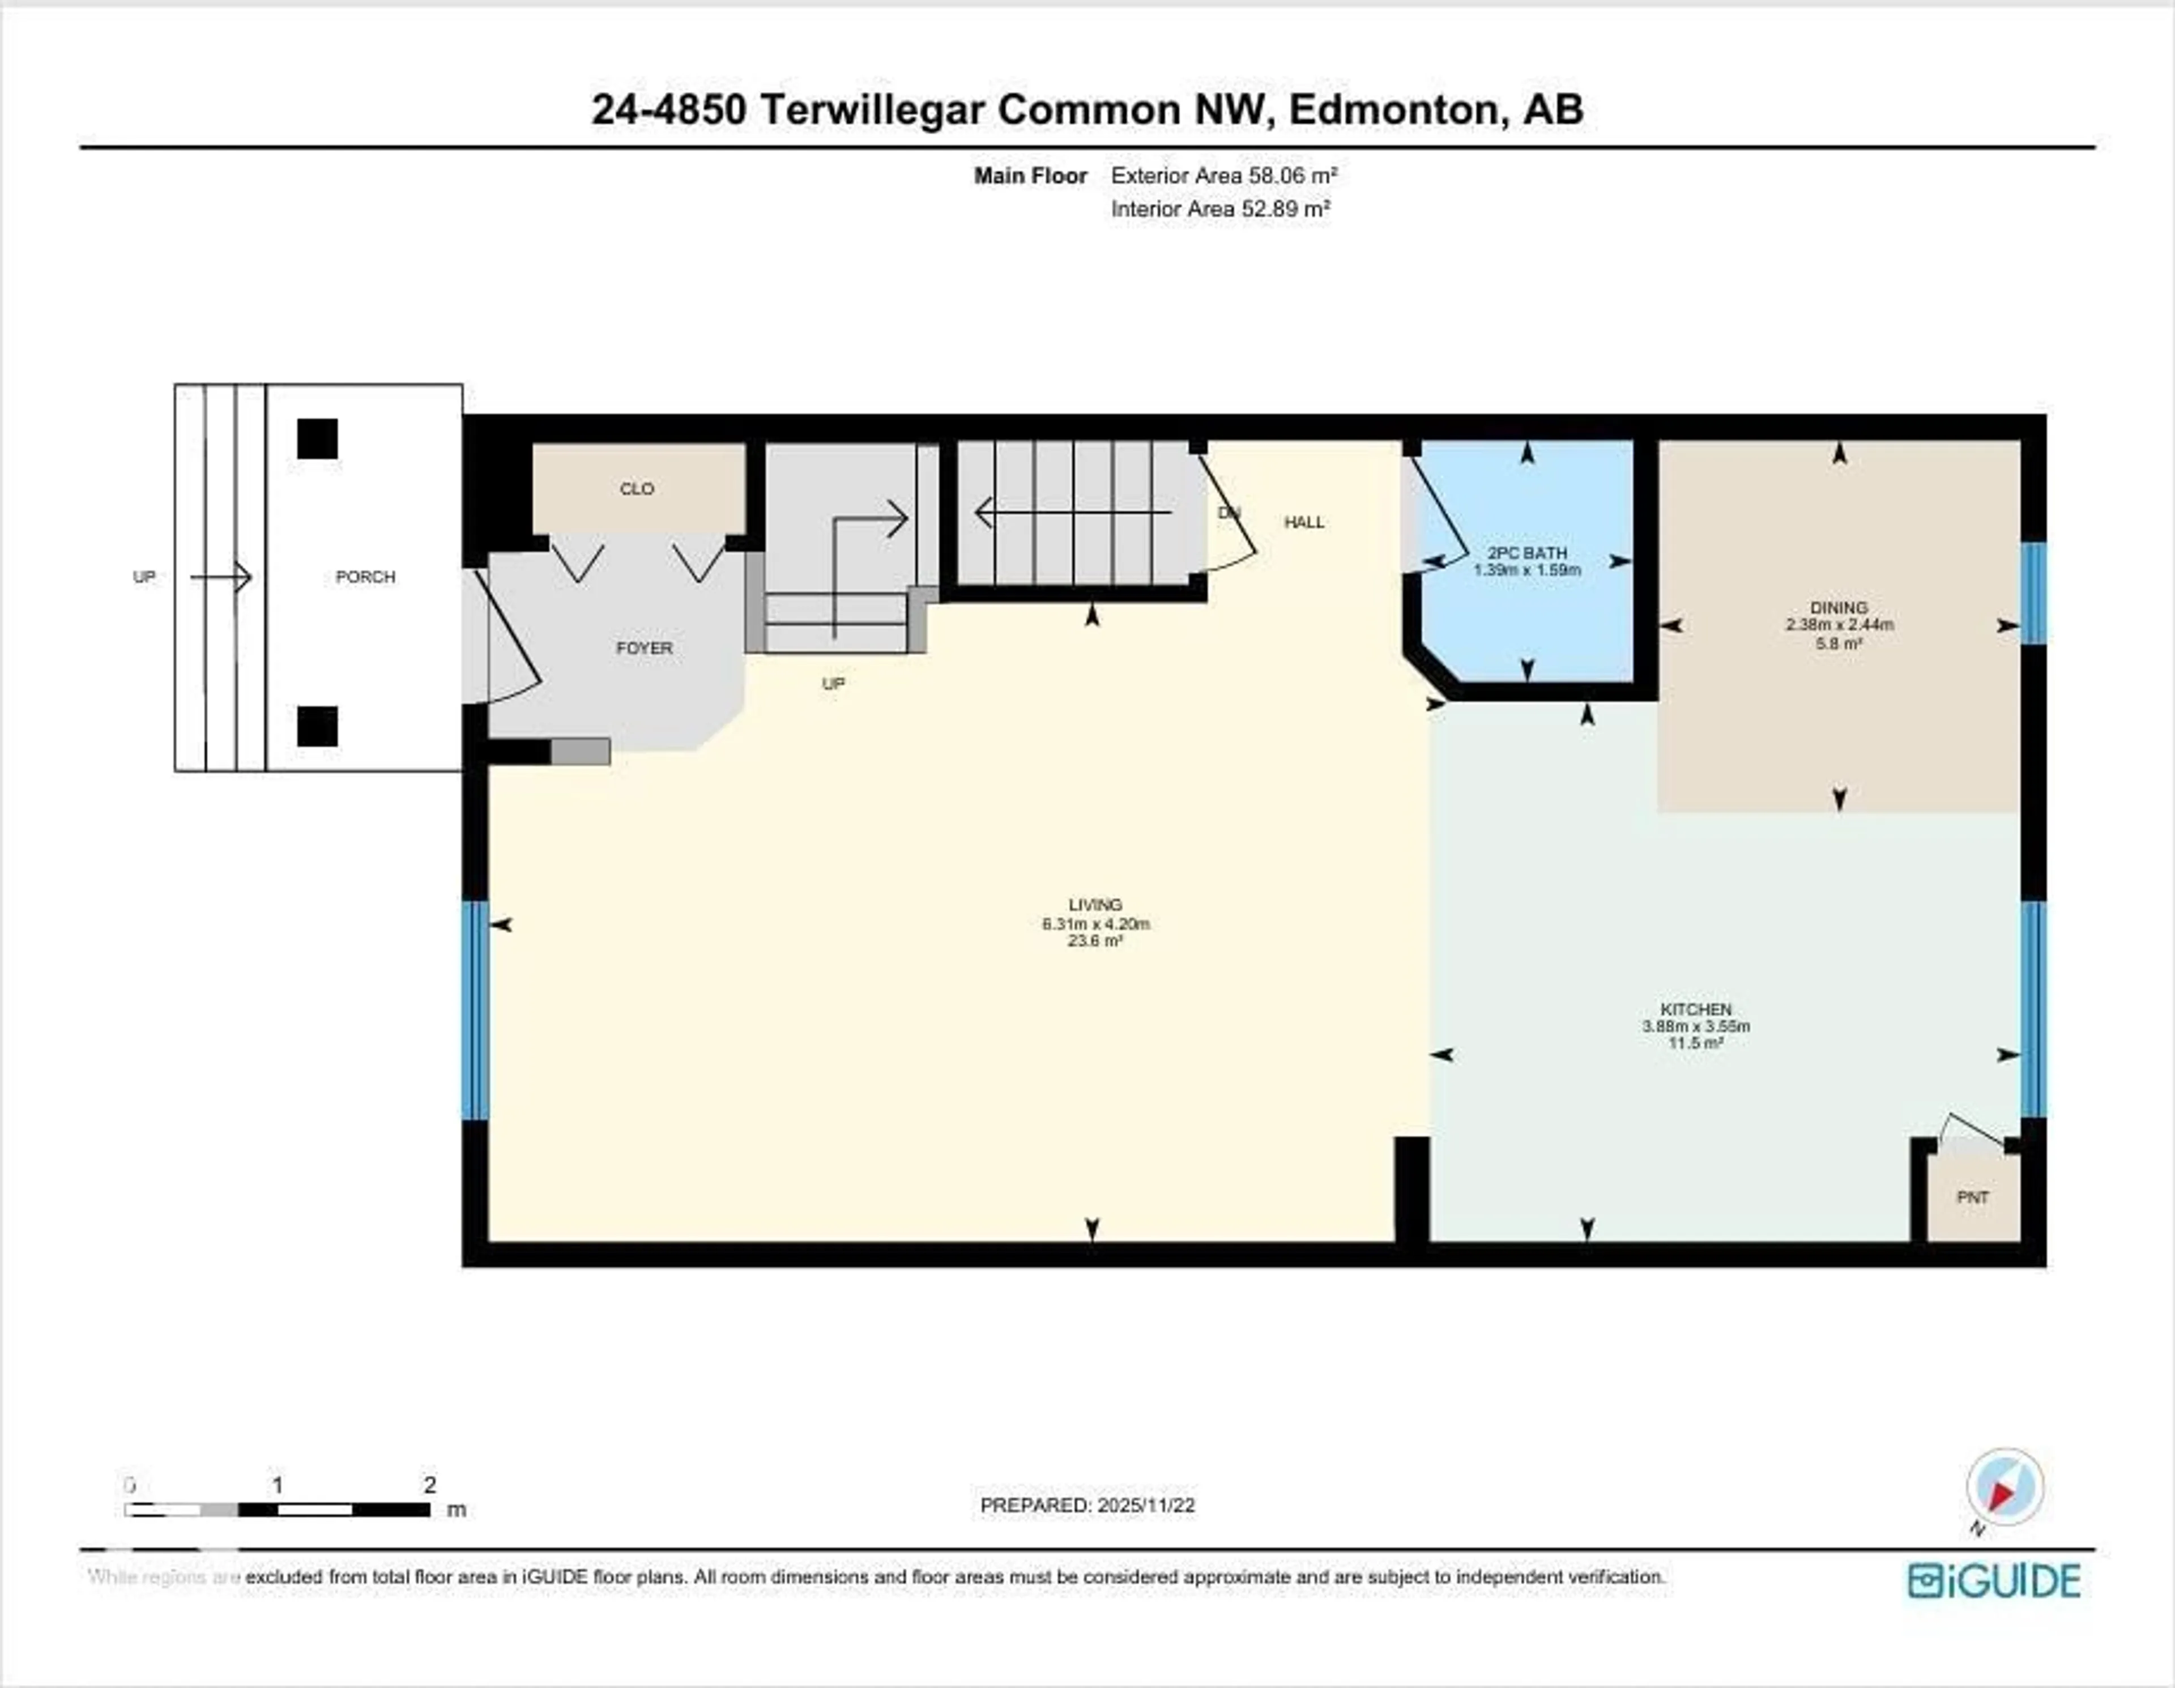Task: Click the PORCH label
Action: [x=365, y=577]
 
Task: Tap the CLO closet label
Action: [x=637, y=489]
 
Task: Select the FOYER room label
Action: [x=645, y=649]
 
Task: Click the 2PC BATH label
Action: [x=1526, y=553]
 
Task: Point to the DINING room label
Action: [x=1839, y=607]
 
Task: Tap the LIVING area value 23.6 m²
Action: [x=1095, y=941]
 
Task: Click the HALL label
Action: [x=1304, y=522]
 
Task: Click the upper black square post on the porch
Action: [x=318, y=439]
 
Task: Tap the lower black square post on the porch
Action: [x=318, y=727]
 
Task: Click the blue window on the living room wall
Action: [x=476, y=1010]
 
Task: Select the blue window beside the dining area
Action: [x=2033, y=594]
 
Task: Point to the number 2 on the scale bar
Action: [x=429, y=1485]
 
